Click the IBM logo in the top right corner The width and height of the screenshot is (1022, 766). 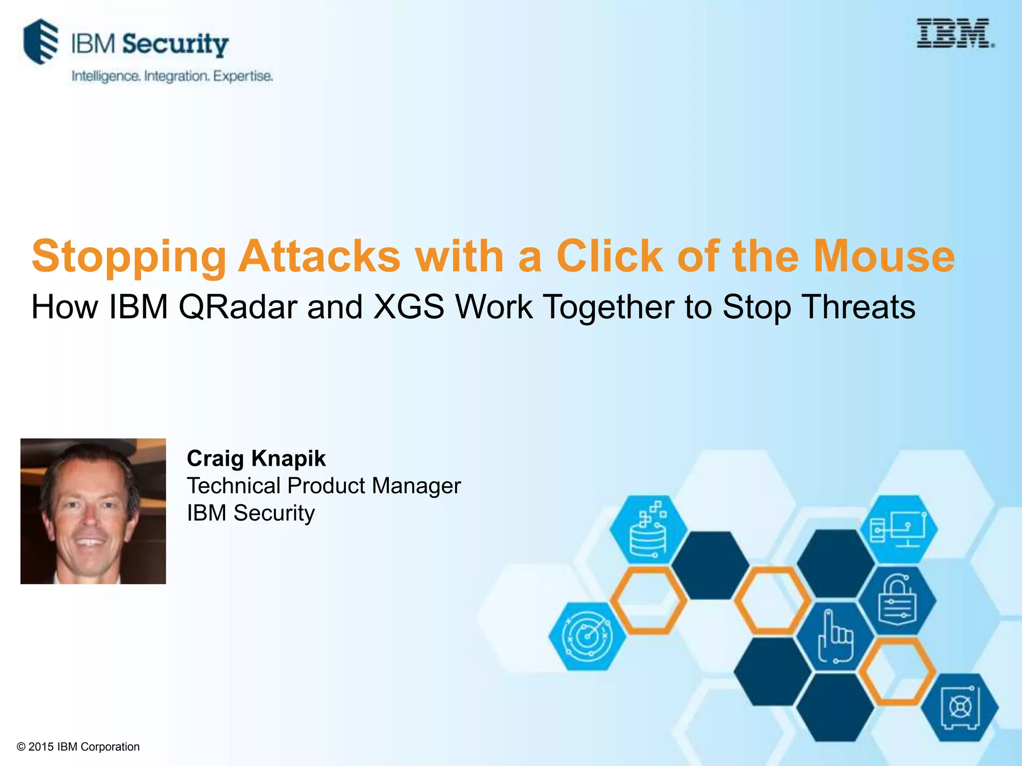pos(955,33)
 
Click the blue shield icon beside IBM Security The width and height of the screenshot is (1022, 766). pos(41,41)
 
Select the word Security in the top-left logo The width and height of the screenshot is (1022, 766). pos(175,44)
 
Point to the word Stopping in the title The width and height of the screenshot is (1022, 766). pos(129,257)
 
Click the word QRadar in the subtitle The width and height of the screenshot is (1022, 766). pos(238,307)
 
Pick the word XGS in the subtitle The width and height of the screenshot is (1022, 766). pos(409,307)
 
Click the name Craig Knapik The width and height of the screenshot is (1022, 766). pos(256,458)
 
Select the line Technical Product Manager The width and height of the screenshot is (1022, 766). pos(323,486)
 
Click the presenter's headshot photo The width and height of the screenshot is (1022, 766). pos(93,511)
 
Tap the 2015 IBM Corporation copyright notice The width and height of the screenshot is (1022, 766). pos(78,747)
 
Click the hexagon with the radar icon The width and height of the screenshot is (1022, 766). pos(587,636)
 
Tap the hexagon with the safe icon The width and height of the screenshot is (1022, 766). pos(960,708)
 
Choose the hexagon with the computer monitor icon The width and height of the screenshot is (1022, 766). pos(898,529)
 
